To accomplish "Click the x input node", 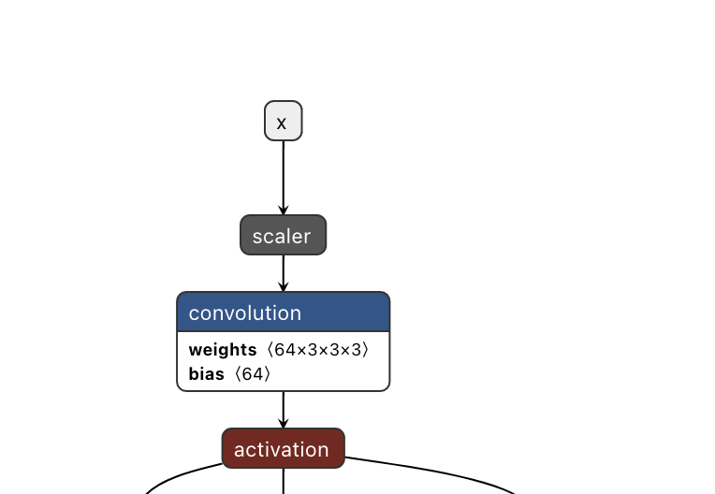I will tap(283, 121).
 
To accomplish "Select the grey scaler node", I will tap(283, 235).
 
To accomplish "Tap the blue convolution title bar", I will tap(283, 312).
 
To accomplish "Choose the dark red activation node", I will tap(283, 448).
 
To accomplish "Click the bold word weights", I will tap(222, 350).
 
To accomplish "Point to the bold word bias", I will tap(206, 374).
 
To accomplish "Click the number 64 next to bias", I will tap(254, 374).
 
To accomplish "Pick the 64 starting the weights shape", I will tap(284, 350).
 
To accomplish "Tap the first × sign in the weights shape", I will tap(299, 350).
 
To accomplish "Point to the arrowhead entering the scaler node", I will tap(283, 211).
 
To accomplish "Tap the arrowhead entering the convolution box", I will tap(283, 287).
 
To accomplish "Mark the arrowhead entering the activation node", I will tap(283, 424).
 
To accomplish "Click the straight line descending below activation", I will tap(283, 481).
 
